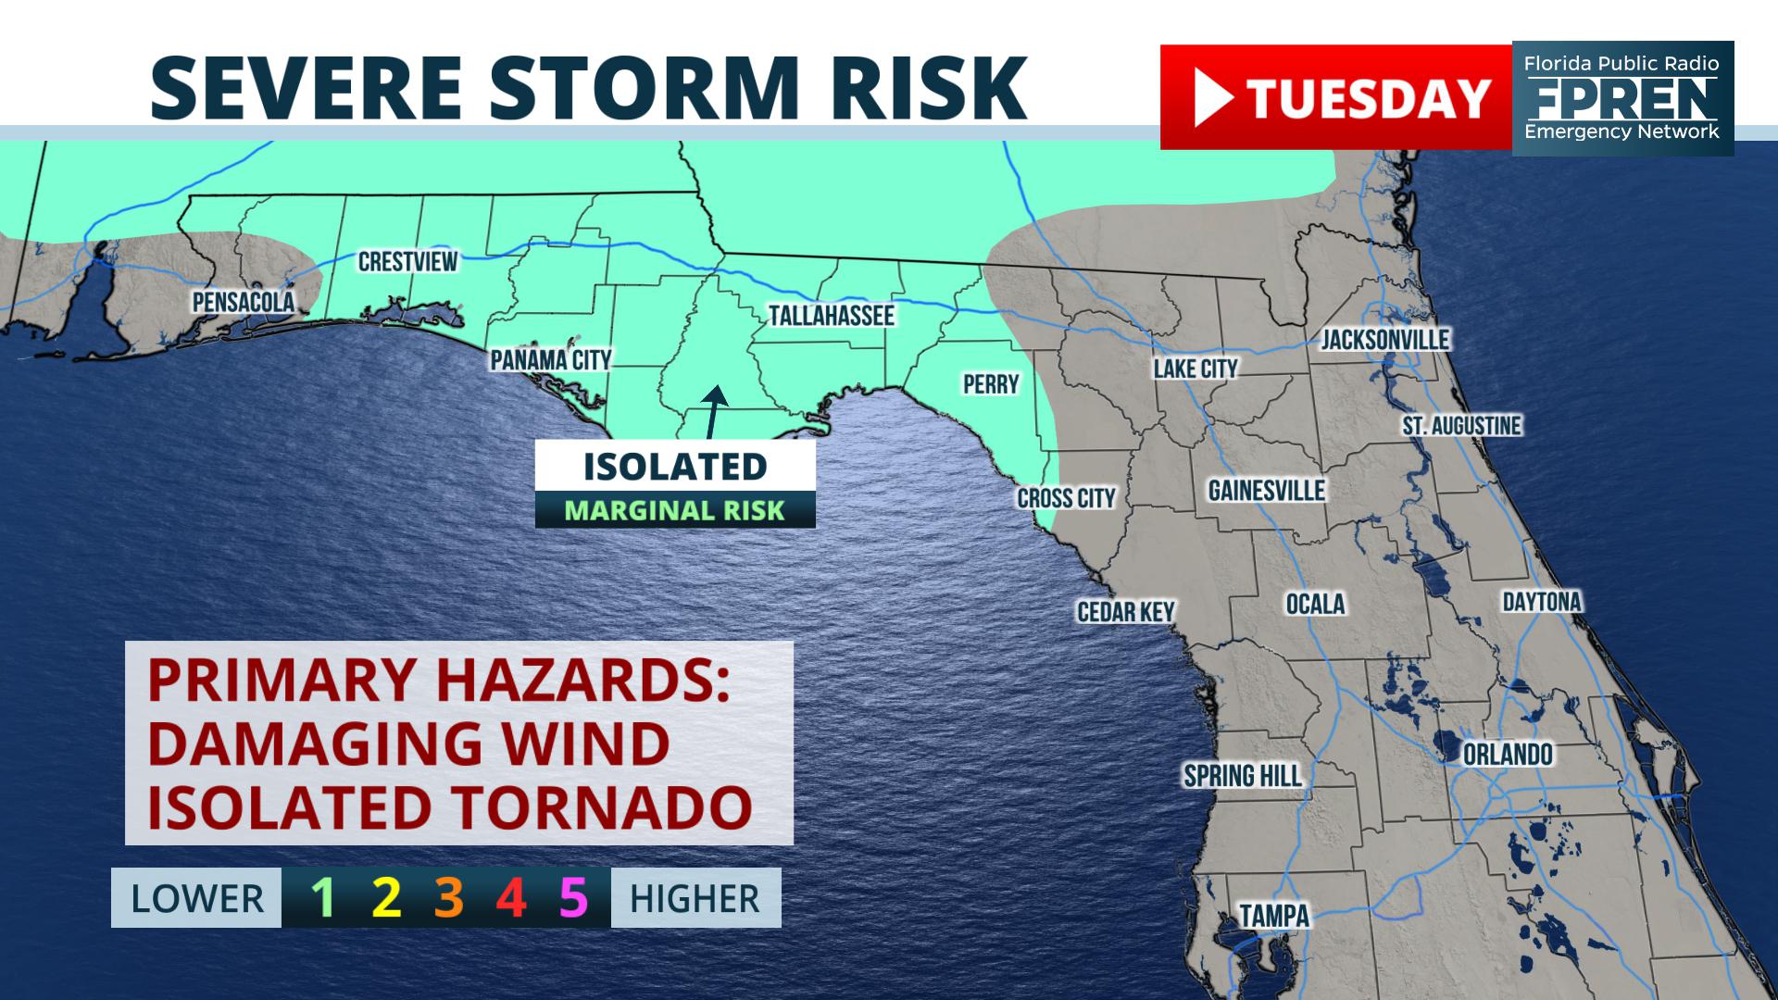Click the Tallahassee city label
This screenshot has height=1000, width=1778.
click(831, 316)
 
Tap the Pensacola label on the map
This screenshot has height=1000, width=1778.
click(243, 302)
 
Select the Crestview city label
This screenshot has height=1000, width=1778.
click(407, 262)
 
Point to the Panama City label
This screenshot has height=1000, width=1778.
click(550, 360)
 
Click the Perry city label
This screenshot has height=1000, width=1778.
click(990, 384)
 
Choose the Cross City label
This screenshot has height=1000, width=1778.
click(1066, 499)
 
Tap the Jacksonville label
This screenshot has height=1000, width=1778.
click(1384, 340)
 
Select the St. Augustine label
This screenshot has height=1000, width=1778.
click(1461, 426)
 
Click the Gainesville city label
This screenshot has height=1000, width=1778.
click(1266, 491)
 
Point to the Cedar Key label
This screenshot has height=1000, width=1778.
click(1125, 612)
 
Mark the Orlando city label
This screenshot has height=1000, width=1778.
click(1508, 755)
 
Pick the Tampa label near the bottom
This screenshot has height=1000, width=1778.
click(1274, 917)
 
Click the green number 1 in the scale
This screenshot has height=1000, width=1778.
click(322, 897)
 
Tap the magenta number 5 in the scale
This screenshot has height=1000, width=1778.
click(573, 897)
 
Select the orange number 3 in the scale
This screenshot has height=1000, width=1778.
click(448, 897)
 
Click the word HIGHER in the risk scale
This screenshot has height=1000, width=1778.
click(695, 899)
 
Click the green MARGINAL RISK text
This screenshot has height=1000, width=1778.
click(674, 511)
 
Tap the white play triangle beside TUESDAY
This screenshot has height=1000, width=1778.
click(1212, 98)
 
